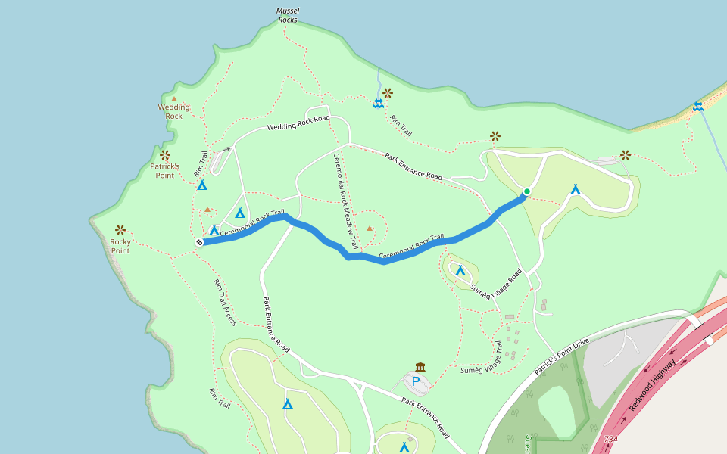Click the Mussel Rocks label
pyautogui.click(x=288, y=15)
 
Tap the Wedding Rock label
pyautogui.click(x=174, y=111)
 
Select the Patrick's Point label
pyautogui.click(x=164, y=170)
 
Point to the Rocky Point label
pyautogui.click(x=120, y=246)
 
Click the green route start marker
pyautogui.click(x=526, y=191)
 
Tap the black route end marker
pyautogui.click(x=199, y=242)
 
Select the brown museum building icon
pyautogui.click(x=420, y=367)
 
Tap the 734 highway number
pyautogui.click(x=610, y=439)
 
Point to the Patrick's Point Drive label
pyautogui.click(x=561, y=354)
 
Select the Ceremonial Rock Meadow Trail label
pyautogui.click(x=345, y=201)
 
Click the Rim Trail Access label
pyautogui.click(x=225, y=302)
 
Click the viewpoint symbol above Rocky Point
pyautogui.click(x=120, y=229)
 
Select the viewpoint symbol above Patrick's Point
pyautogui.click(x=164, y=155)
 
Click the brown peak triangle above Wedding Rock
pyautogui.click(x=174, y=98)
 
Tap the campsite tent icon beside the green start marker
pyautogui.click(x=576, y=189)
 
